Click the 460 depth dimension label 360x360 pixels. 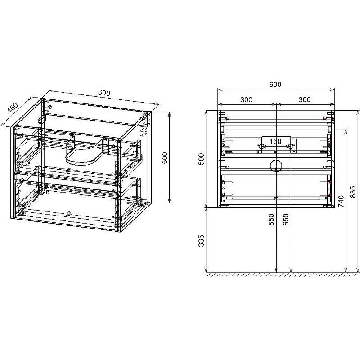tap(13, 108)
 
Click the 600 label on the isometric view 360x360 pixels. tap(104, 93)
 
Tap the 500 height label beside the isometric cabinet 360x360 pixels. tap(165, 158)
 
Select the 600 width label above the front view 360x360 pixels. tap(275, 85)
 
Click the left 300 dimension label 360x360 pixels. tap(246, 99)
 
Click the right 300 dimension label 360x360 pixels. tap(305, 99)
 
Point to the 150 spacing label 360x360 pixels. tap(275, 141)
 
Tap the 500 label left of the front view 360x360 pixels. tap(201, 159)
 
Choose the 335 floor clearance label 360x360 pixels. tap(201, 240)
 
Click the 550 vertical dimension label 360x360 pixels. tap(271, 220)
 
